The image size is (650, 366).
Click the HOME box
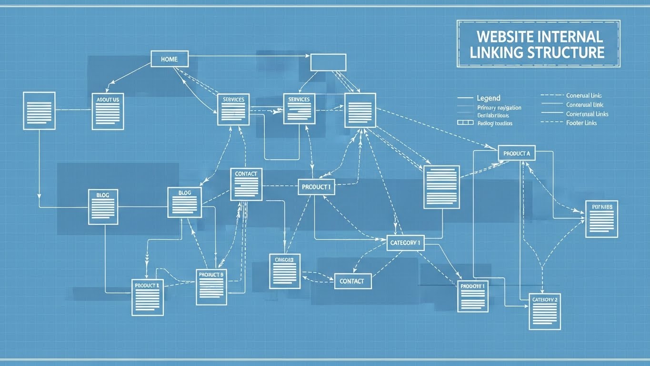[x=170, y=59]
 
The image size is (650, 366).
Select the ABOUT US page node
[x=108, y=111]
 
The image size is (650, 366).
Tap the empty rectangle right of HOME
[x=328, y=62]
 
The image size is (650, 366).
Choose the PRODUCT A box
[x=517, y=153]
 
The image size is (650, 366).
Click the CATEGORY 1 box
[x=405, y=243]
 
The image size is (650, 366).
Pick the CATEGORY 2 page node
[x=545, y=312]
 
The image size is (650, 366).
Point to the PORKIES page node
[x=602, y=219]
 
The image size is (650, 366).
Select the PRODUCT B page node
[x=211, y=287]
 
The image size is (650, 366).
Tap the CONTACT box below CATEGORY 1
[x=352, y=281]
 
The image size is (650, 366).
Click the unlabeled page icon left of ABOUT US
[x=39, y=111]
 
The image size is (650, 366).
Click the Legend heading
[x=489, y=98]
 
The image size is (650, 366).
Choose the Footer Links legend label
[x=581, y=123]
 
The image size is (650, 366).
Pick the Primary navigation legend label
[x=499, y=108]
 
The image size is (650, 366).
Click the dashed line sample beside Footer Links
[x=551, y=123]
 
